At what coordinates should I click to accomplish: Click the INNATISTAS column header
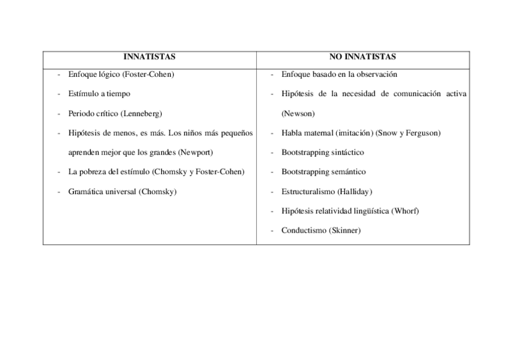point(149,57)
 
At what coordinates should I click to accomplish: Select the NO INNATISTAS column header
point(363,57)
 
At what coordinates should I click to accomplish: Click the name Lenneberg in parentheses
point(142,114)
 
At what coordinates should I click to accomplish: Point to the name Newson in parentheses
point(298,114)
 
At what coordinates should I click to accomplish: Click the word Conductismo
point(304,230)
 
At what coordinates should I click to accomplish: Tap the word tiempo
point(118,94)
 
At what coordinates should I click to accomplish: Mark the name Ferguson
point(422,133)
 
